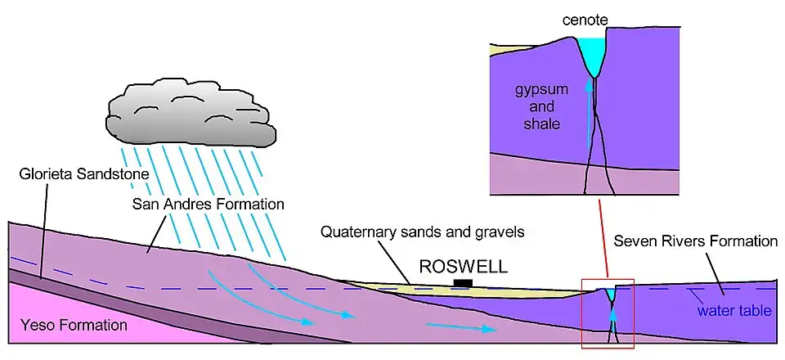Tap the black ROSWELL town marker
[x=463, y=283]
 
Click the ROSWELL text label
[x=463, y=267]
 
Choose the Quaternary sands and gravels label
[x=424, y=232]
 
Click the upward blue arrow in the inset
[x=589, y=115]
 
